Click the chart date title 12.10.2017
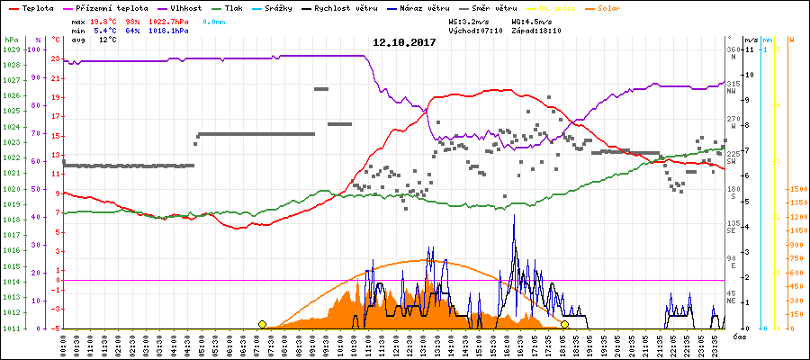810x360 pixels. pyautogui.click(x=404, y=42)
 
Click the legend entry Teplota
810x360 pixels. pyautogui.click(x=31, y=7)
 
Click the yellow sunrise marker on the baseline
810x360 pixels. pyautogui.click(x=262, y=324)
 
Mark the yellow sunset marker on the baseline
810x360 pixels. pyautogui.click(x=565, y=324)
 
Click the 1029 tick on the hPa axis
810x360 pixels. pyautogui.click(x=11, y=49)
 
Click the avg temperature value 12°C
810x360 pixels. pyautogui.click(x=107, y=40)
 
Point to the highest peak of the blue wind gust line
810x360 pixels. pyautogui.click(x=514, y=215)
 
